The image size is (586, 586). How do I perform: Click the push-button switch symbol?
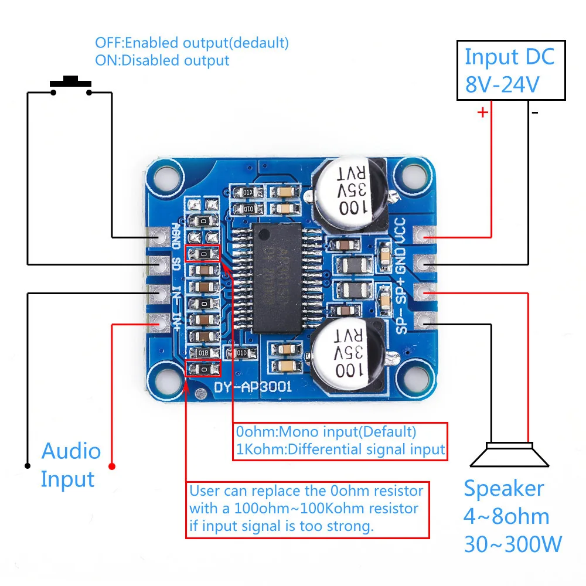pos(71,84)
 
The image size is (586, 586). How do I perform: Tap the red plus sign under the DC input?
pos(483,112)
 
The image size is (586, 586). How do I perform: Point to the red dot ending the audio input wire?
pos(113,466)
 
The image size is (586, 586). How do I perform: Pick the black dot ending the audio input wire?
pos(28,466)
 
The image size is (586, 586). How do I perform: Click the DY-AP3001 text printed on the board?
pos(254,387)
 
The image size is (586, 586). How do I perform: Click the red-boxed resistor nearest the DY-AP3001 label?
pos(202,369)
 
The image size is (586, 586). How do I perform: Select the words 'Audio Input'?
pos(70,465)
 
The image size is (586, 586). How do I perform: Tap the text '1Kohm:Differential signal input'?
pos(340,449)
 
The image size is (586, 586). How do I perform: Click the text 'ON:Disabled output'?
pos(162,60)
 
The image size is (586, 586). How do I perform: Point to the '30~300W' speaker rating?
pos(513,544)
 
